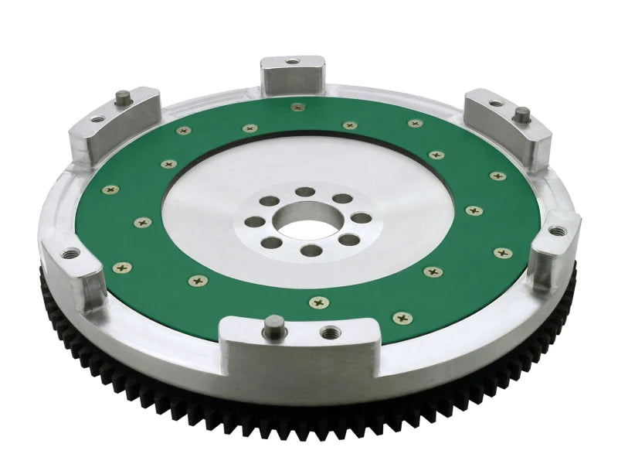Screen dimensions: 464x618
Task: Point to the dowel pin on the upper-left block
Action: click(124, 97)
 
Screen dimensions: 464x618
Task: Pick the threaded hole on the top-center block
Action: click(292, 61)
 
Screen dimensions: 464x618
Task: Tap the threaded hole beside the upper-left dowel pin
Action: click(97, 119)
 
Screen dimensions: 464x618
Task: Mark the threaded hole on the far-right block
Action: click(552, 230)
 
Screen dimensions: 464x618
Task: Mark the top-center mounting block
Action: click(292, 73)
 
